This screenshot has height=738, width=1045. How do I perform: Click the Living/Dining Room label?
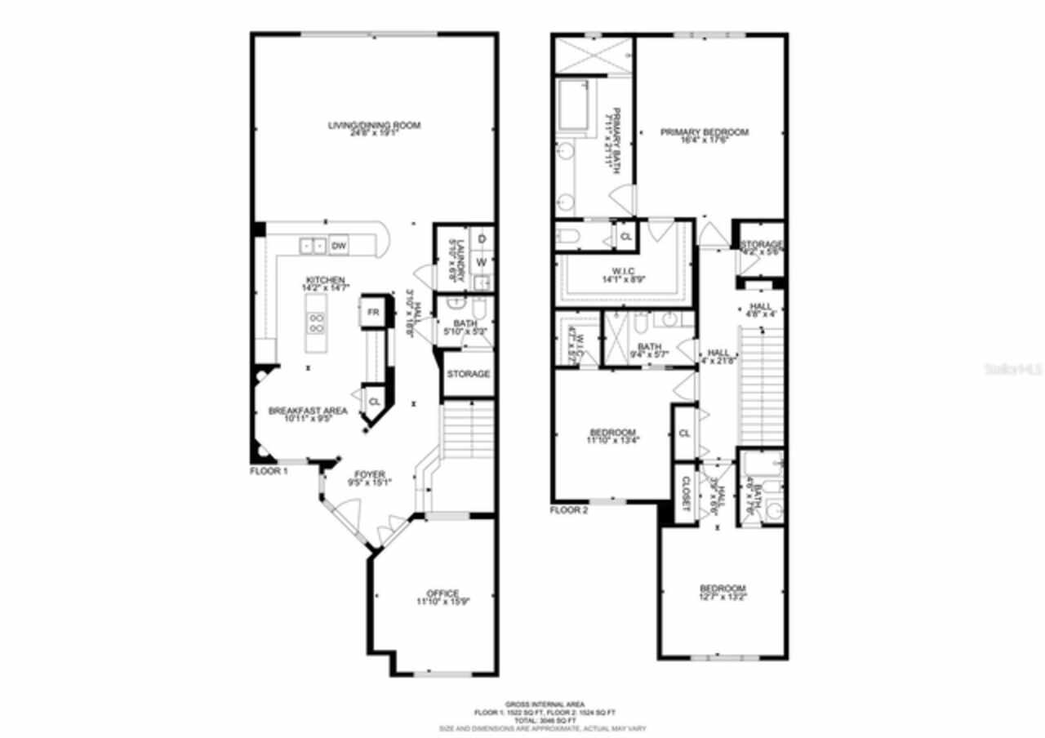click(x=374, y=125)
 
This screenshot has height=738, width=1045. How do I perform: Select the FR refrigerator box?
click(x=373, y=313)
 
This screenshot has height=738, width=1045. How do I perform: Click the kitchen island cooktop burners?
click(x=317, y=322)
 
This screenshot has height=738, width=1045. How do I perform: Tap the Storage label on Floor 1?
click(x=469, y=374)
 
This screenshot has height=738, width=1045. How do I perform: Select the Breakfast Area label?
click(x=308, y=411)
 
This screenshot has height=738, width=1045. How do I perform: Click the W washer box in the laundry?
click(x=482, y=262)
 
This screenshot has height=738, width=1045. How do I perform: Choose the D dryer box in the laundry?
click(x=482, y=238)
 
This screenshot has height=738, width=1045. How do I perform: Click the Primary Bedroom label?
click(x=704, y=132)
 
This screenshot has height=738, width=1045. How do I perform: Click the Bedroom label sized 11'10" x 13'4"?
click(x=613, y=433)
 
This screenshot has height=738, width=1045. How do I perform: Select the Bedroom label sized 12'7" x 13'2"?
click(x=722, y=589)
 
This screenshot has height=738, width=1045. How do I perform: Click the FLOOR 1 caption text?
click(x=269, y=471)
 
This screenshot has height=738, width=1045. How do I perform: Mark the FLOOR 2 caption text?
click(x=569, y=510)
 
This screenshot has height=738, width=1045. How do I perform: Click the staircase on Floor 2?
click(x=759, y=384)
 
